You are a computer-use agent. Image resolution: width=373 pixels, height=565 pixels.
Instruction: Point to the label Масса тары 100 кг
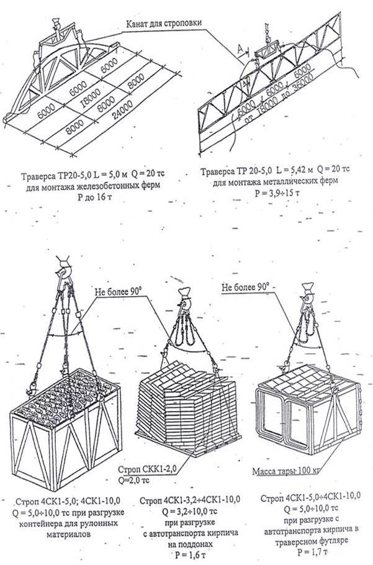[x=287, y=471]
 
